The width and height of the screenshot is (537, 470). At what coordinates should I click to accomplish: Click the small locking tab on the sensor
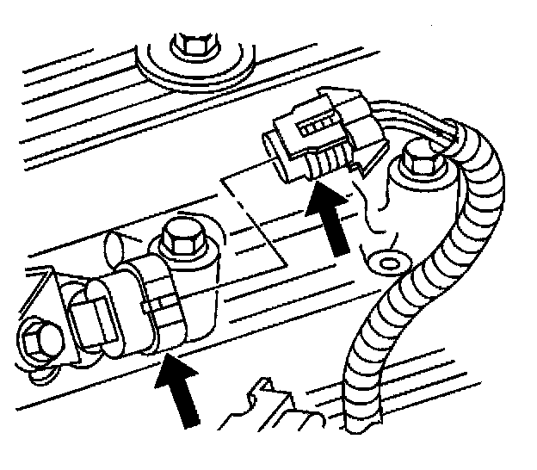click(158, 303)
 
